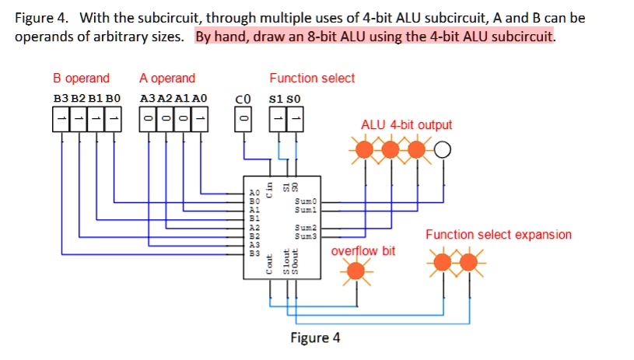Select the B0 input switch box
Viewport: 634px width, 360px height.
[x=114, y=119]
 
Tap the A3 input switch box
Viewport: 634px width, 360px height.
[x=148, y=119]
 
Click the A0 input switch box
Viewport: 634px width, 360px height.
[x=201, y=119]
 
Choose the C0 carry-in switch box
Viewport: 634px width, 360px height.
[x=243, y=119]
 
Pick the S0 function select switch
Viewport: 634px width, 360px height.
[x=296, y=119]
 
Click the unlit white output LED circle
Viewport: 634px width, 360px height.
[x=443, y=149]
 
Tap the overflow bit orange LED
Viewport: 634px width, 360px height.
[x=356, y=271]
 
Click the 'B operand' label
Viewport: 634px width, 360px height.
[x=81, y=79]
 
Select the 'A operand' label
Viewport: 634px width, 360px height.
[x=167, y=79]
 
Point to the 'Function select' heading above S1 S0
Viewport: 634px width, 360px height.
[x=312, y=79]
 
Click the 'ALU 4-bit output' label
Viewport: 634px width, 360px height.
[x=406, y=125]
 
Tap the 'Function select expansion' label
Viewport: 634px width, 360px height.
[x=498, y=235]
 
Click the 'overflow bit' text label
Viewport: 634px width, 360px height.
[x=363, y=251]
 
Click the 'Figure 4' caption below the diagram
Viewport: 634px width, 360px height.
[x=315, y=337]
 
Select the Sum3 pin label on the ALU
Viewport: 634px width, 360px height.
[x=305, y=234]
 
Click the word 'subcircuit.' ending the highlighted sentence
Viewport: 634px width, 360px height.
[x=524, y=37]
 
